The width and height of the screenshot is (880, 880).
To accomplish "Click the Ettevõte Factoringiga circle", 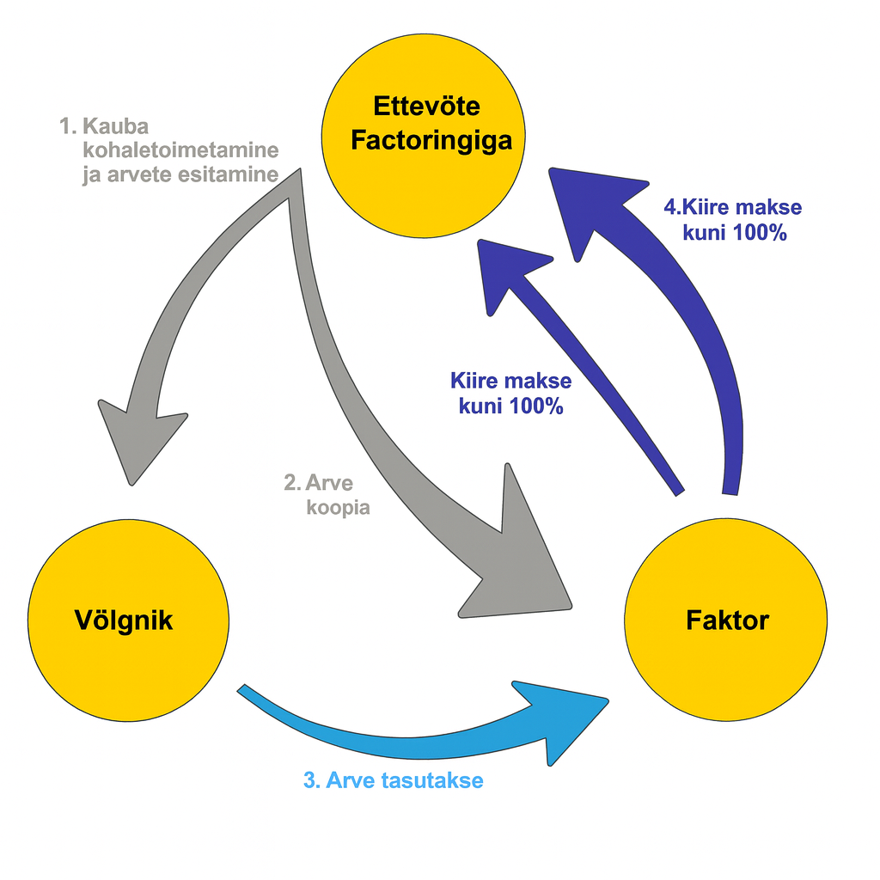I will coord(426,142).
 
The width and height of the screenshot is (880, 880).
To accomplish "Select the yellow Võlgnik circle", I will coord(128,619).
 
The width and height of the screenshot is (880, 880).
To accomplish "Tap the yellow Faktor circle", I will coord(726,619).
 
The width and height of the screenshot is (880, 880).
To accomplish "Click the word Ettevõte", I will coord(426,107).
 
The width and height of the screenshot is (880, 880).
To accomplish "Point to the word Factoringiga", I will coord(431,140).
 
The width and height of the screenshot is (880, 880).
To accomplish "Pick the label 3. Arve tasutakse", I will coord(393,780).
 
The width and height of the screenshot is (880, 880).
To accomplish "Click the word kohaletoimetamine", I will coord(180,150).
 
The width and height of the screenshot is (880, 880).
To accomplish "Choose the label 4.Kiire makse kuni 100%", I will coord(733,220).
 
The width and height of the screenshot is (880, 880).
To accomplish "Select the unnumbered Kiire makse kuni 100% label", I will coord(510,394).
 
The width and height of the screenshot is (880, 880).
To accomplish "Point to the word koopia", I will coord(339,508).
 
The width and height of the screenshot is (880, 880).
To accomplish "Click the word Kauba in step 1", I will coord(116,126).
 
